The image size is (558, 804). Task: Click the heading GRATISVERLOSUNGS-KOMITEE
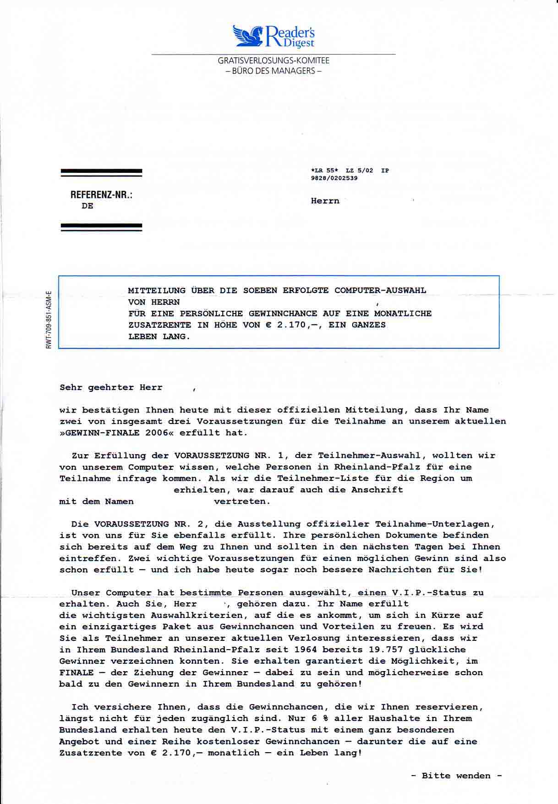pos(274,61)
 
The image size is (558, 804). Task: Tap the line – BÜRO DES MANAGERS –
pos(274,71)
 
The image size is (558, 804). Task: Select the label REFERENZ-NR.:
pos(101,195)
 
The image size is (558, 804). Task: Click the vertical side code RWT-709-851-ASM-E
pos(49,319)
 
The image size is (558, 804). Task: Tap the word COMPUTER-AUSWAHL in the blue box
pos(380,291)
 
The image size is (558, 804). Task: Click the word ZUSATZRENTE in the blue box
pos(159,325)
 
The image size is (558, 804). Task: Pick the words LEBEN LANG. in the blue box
pos(159,336)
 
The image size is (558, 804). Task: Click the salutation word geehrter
pos(111,387)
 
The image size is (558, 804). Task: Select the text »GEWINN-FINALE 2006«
pos(116,433)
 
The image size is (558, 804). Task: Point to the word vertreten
pos(242,501)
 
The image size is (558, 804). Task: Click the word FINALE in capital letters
pos(77,673)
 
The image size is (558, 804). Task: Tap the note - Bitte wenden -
pos(456,776)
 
